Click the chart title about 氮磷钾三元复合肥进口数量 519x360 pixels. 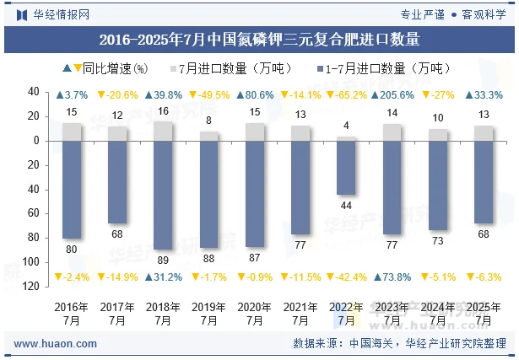click(259, 39)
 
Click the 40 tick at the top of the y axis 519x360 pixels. click(35, 92)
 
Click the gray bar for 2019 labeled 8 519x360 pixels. click(208, 136)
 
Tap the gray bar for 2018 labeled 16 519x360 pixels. click(163, 131)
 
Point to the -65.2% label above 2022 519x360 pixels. click(346, 95)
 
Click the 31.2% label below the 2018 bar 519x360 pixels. click(163, 277)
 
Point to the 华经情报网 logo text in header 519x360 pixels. click(61, 13)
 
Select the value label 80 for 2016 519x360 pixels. click(72, 249)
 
